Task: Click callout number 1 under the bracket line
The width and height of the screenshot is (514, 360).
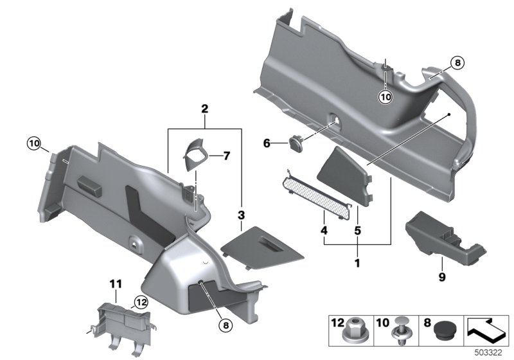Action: pyautogui.click(x=357, y=263)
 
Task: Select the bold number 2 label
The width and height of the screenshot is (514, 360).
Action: pyautogui.click(x=204, y=110)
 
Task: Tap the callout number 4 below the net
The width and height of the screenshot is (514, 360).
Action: pyautogui.click(x=324, y=230)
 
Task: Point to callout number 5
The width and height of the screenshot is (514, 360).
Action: pyautogui.click(x=357, y=230)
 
